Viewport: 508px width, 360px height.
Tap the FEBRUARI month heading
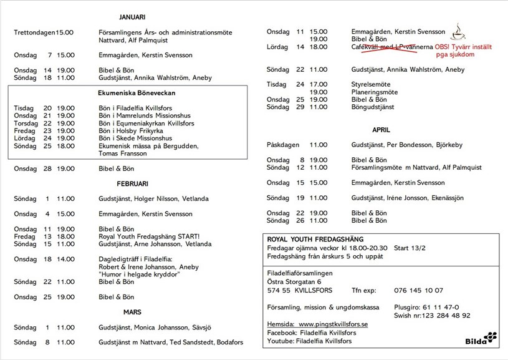tap(132, 184)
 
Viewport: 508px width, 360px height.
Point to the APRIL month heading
tap(381, 130)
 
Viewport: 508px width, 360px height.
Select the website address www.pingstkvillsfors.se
tap(333, 324)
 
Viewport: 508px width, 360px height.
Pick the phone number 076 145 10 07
tap(419, 290)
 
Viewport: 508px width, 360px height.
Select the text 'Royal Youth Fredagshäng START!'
tap(149, 237)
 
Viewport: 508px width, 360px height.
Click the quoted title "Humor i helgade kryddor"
tap(138, 275)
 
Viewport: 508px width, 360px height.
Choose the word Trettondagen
tap(34, 32)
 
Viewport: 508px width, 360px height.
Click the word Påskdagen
tap(284, 145)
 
